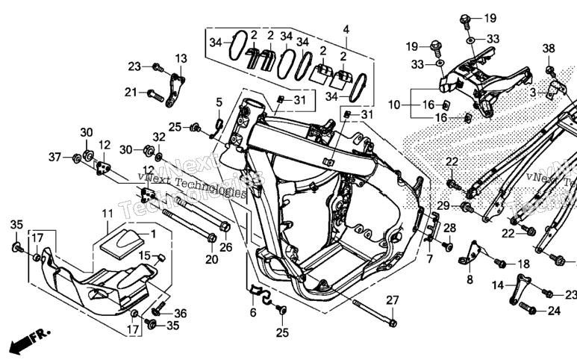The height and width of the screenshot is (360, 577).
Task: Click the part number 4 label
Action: pos(346,30)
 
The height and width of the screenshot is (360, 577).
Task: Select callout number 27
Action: pos(393,300)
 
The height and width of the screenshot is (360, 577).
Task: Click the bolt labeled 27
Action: pos(374,312)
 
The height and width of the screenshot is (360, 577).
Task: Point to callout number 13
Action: pos(181,58)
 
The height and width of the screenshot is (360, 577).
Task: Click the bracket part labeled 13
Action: pos(175,90)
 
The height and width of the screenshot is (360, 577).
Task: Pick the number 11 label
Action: pos(107,214)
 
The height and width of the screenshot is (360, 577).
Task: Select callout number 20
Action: pos(211,259)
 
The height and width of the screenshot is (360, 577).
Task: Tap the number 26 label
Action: pos(226,247)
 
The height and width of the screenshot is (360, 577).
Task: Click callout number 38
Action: pos(549,49)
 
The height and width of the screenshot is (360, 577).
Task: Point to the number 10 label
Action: pos(394,105)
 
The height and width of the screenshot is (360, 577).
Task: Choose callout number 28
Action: pos(449,229)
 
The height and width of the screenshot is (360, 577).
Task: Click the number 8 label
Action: pos(470,279)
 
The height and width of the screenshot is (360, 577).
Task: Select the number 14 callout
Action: pos(498,285)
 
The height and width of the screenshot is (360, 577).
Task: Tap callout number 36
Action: pos(181,313)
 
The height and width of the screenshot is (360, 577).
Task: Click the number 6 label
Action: pos(253,312)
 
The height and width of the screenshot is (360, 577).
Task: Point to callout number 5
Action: pos(219,102)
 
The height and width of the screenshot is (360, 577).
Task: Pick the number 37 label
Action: pos(54,157)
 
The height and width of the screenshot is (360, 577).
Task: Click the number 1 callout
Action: pos(153,234)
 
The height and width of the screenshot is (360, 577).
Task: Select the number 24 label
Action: pos(554,311)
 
